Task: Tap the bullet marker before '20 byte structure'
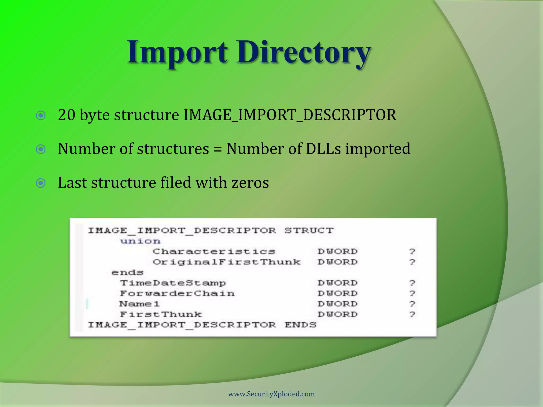(x=41, y=116)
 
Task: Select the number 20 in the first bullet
(x=67, y=115)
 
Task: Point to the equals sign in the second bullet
(x=217, y=149)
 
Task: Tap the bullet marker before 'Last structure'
(x=41, y=183)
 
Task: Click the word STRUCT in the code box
(x=309, y=230)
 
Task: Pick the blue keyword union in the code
(x=140, y=241)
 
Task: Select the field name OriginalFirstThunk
(x=227, y=262)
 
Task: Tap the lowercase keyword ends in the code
(x=128, y=272)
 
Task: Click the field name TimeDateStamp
(x=173, y=283)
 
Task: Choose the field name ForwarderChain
(x=177, y=293)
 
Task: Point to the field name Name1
(x=139, y=304)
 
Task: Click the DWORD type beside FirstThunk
(x=338, y=314)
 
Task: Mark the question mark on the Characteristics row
(x=412, y=251)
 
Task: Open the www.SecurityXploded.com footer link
(x=271, y=394)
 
